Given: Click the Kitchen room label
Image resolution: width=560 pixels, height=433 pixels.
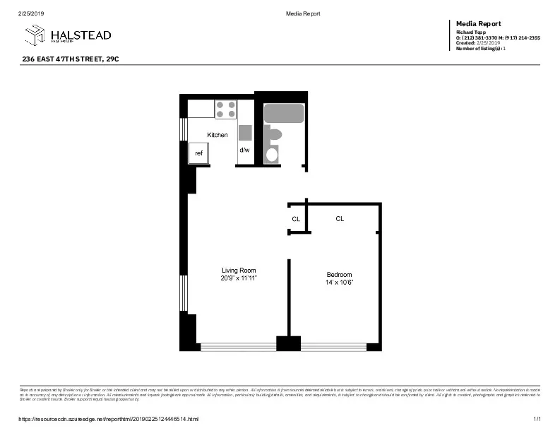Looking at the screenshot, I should [x=217, y=135].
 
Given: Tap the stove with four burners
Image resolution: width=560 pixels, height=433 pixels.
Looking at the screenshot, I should [x=225, y=109].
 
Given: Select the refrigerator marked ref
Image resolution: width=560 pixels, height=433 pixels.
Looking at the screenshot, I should [x=198, y=153].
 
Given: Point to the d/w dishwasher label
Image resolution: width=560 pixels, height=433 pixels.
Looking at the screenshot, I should [x=244, y=150].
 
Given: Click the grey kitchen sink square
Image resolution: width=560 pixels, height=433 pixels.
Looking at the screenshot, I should [x=245, y=133].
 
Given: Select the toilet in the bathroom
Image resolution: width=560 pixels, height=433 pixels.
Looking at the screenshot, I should [x=273, y=134].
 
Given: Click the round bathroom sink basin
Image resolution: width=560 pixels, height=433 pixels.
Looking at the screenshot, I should [x=271, y=155].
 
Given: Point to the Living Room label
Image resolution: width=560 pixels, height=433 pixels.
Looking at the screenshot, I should [x=239, y=271].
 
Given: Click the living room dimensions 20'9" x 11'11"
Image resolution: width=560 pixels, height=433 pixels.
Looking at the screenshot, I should [x=239, y=278].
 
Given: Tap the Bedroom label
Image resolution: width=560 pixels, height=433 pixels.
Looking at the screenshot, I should [x=339, y=275].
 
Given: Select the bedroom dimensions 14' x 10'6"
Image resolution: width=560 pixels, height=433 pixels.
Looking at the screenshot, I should [x=339, y=283].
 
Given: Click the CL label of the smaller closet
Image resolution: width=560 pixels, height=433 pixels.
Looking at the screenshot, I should [x=296, y=219].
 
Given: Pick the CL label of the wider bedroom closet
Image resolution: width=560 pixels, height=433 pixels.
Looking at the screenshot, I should [x=340, y=219].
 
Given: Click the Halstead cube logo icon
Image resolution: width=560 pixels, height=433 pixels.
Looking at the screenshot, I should [x=35, y=35].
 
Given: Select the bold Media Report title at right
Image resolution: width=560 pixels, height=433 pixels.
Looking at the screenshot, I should [x=479, y=24].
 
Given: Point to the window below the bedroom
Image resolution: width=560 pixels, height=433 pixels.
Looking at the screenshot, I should [x=333, y=347].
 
